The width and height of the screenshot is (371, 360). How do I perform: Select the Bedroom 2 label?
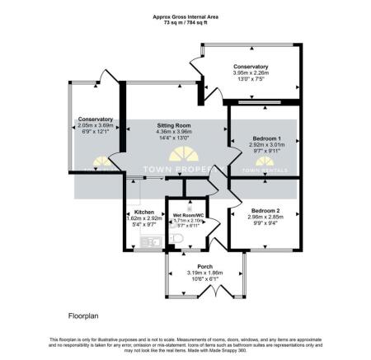[266, 212]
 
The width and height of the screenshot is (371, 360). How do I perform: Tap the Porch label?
[200, 267]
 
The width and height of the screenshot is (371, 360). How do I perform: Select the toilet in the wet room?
[176, 239]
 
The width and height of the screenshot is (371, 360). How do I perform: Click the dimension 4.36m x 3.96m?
[174, 132]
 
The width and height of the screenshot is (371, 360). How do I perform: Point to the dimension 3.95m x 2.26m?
[251, 72]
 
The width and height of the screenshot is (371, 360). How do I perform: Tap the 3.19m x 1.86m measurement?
[200, 273]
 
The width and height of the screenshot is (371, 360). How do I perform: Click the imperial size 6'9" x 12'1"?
[96, 132]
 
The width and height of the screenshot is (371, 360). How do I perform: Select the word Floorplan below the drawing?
[84, 316]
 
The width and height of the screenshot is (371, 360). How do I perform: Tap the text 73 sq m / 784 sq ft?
[185, 23]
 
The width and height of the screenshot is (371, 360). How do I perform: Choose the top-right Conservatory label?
[251, 66]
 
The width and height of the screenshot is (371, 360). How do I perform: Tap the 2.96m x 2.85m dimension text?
[266, 217]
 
